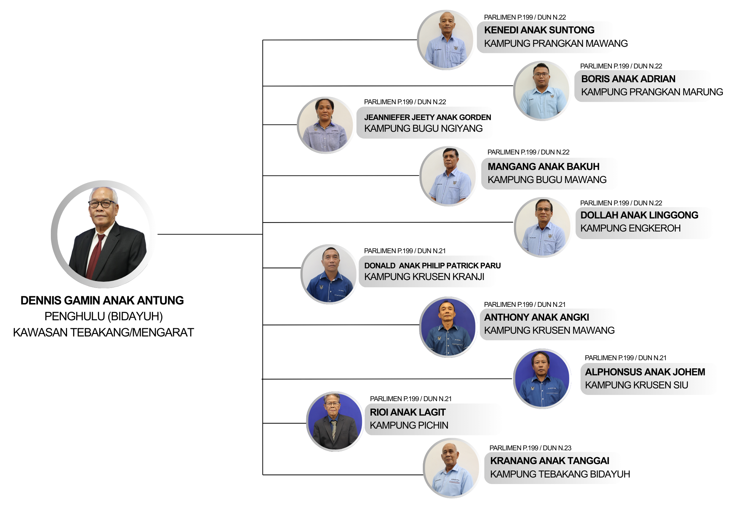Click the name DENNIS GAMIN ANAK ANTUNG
tap(102, 300)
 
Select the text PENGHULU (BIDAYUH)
tap(103, 316)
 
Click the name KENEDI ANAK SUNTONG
tap(539, 30)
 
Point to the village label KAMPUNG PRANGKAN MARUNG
tap(652, 92)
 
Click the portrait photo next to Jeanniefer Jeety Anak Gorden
tap(325, 125)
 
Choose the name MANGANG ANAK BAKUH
tap(543, 167)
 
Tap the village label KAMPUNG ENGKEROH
tap(630, 228)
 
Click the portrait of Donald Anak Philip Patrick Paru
tap(329, 274)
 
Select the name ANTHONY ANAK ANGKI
tap(536, 317)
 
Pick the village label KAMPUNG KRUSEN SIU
tap(636, 385)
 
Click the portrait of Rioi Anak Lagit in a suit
tap(334, 421)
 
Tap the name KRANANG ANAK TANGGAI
tap(549, 461)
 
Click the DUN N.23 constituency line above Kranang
tap(530, 448)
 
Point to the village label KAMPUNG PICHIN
tap(409, 425)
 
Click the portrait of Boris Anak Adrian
tap(542, 91)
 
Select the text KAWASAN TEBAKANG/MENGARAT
tap(103, 332)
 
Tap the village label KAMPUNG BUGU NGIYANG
tap(423, 128)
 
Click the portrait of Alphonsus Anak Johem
tap(542, 379)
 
